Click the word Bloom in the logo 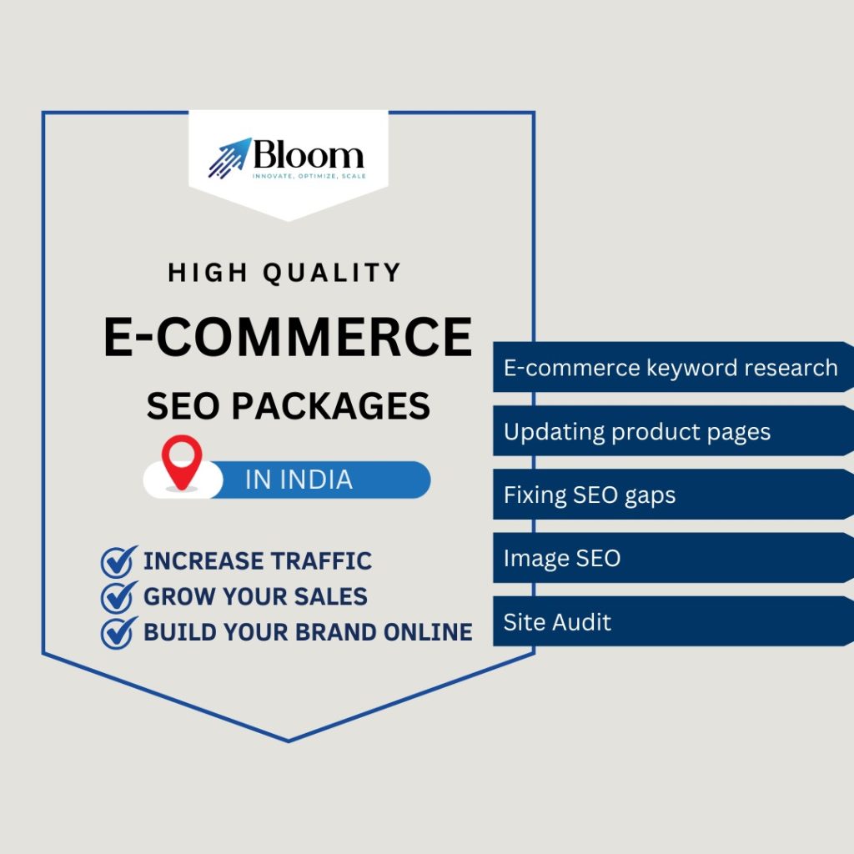point(309,154)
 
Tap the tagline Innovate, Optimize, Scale point(309,176)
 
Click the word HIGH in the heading point(208,273)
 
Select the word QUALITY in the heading point(332,274)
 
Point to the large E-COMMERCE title point(288,337)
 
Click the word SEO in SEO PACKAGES point(183,406)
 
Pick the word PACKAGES point(330,406)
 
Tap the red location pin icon point(182,462)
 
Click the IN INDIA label point(299,480)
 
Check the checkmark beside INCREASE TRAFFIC point(118,561)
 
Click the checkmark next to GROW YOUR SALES point(118,597)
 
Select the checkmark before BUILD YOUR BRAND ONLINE point(118,632)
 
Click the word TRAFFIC point(322,561)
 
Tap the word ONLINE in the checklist point(428,632)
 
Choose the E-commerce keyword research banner point(673,367)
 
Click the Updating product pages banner point(673,431)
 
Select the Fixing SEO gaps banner point(673,494)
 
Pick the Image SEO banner point(673,558)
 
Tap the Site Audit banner point(673,621)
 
